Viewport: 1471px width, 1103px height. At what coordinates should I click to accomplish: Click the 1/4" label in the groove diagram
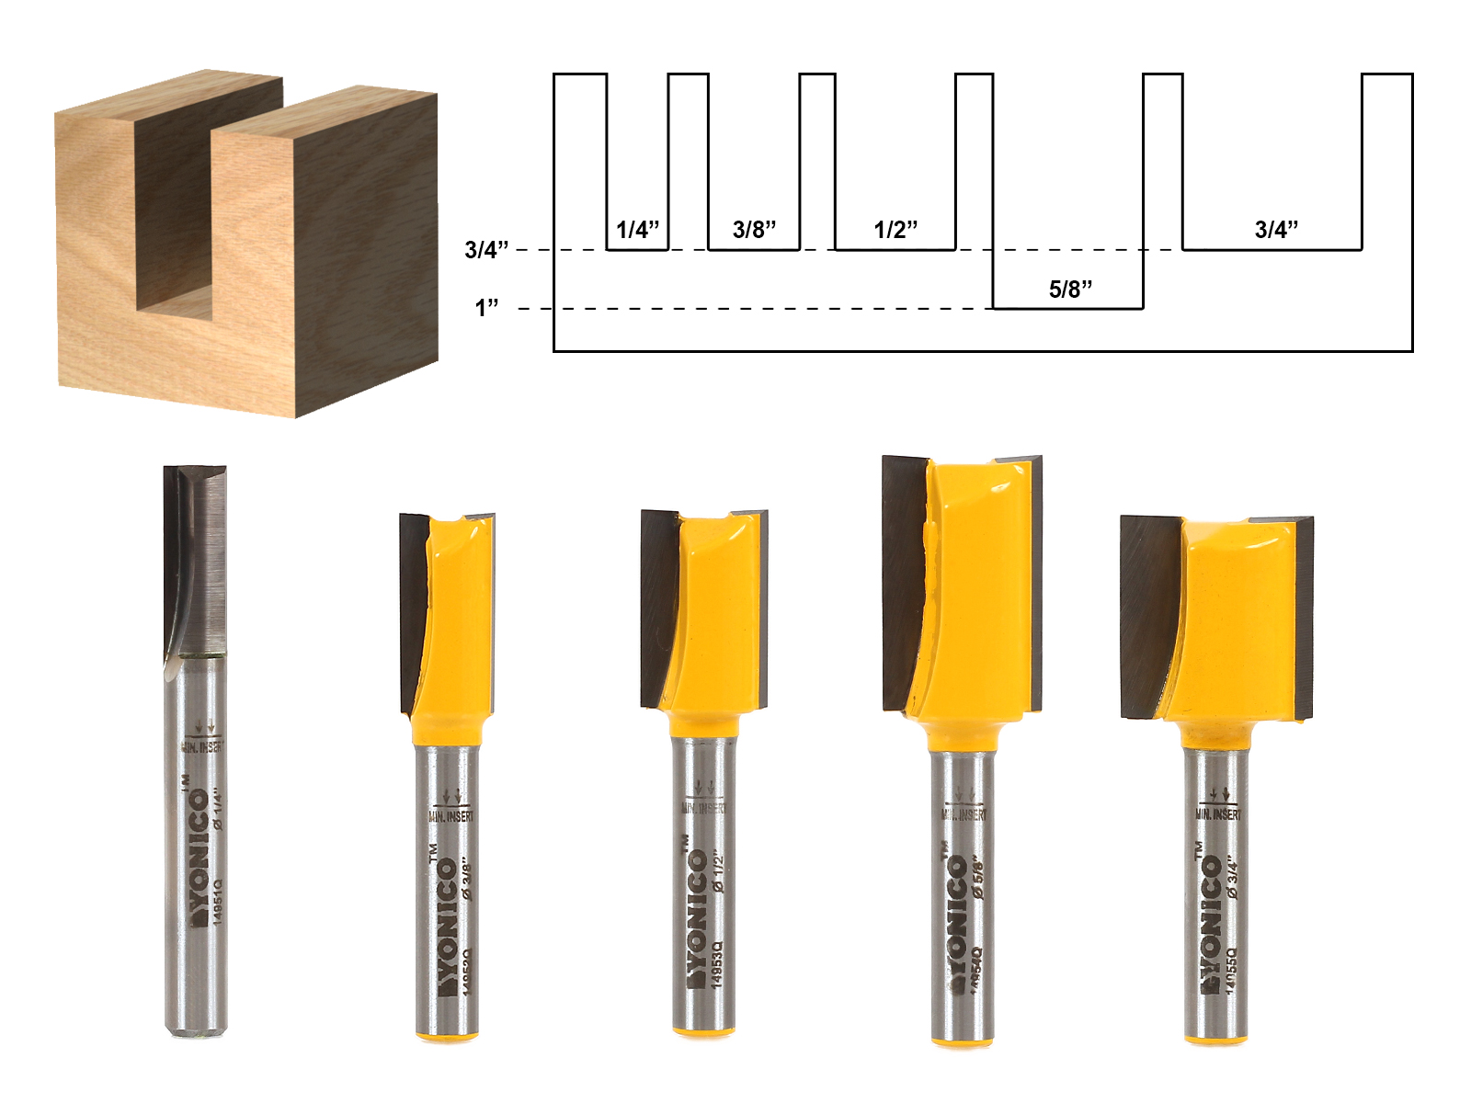coord(637,230)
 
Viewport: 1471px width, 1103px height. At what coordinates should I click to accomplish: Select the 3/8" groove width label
coord(754,230)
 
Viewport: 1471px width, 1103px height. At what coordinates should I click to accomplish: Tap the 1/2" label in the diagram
coord(895,230)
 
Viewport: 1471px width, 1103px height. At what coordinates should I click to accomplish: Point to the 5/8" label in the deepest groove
coord(1070,290)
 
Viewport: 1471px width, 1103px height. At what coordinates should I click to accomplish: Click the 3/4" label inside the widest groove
coord(1276,230)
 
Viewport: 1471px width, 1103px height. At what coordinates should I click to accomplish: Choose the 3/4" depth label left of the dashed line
coord(486,250)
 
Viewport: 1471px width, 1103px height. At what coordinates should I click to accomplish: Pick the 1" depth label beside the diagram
coord(486,308)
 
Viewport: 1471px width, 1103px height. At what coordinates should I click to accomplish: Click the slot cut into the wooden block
coord(175,221)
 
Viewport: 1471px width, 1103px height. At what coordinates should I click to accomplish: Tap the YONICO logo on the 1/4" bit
coord(198,855)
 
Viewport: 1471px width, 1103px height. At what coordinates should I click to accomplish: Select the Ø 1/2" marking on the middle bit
coord(718,873)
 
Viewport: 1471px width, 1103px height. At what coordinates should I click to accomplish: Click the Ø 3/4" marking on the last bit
coord(1232,878)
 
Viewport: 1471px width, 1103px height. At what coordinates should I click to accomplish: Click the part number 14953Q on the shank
coord(718,965)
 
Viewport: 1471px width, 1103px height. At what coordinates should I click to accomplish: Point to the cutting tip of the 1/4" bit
coord(195,473)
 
